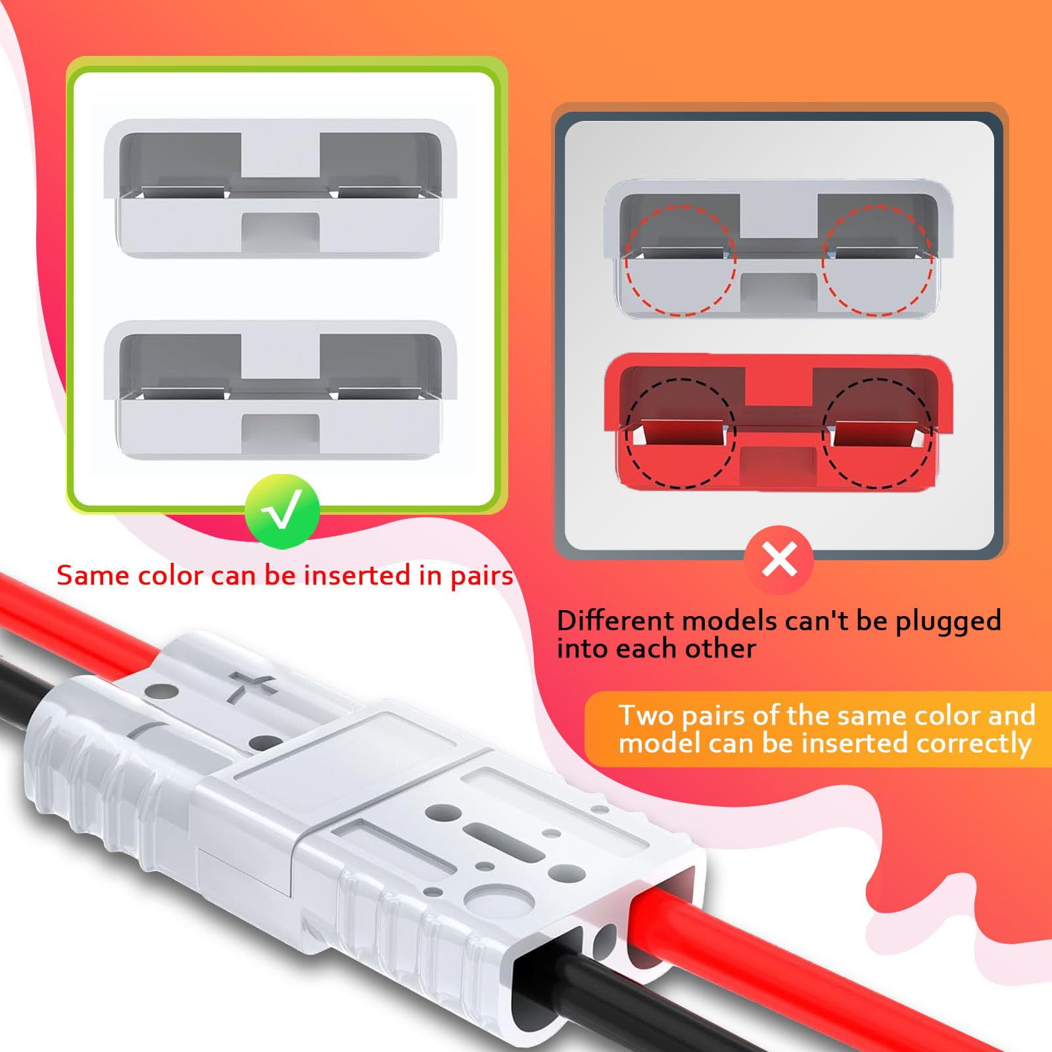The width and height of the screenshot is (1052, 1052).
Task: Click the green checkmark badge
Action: (x=282, y=512)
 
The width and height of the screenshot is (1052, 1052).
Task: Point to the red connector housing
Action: (x=778, y=422)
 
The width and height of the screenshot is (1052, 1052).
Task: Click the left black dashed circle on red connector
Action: (x=680, y=433)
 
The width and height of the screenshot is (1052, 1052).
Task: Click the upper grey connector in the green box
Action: (x=281, y=189)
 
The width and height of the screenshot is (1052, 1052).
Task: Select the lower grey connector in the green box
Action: (x=281, y=390)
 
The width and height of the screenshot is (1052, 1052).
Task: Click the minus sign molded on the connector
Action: (x=146, y=729)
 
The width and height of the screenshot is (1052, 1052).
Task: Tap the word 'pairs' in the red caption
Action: (x=481, y=576)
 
